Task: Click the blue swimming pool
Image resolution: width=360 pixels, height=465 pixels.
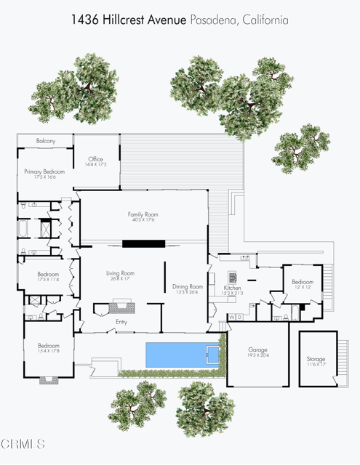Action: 183,355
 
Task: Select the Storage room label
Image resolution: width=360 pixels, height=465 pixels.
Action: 316,359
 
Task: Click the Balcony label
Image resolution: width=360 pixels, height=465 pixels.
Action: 45,141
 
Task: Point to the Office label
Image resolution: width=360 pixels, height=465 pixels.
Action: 96,159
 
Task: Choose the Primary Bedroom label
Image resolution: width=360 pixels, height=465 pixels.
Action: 44,171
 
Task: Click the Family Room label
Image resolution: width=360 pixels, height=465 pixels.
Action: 143,214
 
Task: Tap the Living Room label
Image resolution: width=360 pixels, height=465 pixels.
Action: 120,273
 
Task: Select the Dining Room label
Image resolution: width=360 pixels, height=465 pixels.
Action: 188,287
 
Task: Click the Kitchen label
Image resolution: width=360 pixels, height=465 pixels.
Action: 233,288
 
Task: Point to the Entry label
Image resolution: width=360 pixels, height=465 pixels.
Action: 121,321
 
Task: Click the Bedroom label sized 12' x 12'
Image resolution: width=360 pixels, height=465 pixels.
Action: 303,282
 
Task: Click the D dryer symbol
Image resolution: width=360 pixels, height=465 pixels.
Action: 240,318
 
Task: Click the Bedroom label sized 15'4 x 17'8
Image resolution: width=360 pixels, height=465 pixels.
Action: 48,346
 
